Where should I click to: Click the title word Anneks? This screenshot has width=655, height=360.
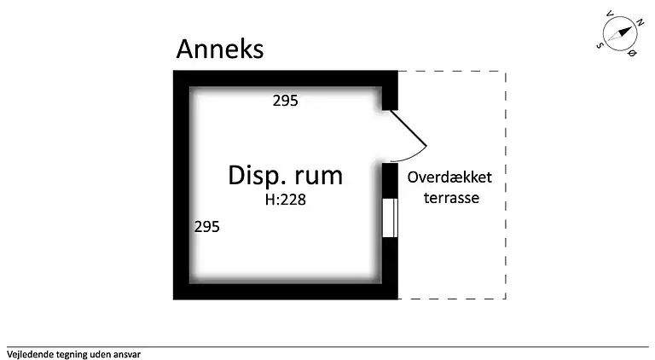point(220,49)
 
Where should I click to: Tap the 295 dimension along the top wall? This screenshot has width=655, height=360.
point(286,101)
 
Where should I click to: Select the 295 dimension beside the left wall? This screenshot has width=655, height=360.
point(207,227)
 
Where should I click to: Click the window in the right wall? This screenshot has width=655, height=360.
point(390,217)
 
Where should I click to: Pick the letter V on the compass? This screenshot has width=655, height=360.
point(609,15)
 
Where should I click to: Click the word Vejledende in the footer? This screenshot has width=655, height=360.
point(30,352)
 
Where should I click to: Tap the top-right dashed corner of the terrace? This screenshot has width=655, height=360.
point(506,72)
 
